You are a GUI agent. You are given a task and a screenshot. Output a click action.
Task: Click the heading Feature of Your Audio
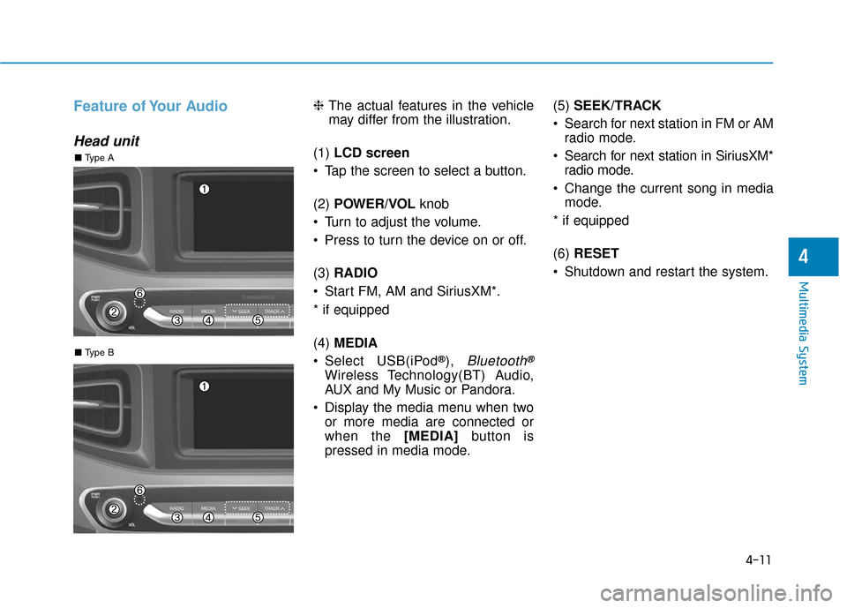[151, 107]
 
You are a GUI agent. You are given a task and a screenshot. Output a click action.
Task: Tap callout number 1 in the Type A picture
[204, 190]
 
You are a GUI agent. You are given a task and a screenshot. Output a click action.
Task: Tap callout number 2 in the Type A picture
[114, 312]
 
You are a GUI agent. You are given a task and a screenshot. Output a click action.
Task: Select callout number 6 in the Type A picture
[139, 293]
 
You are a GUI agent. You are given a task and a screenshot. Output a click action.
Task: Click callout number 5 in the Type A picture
[258, 321]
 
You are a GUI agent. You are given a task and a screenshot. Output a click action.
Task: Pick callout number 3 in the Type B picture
[177, 518]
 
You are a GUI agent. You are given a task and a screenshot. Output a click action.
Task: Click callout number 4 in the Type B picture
[208, 518]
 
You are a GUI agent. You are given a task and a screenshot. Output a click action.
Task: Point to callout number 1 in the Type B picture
[204, 387]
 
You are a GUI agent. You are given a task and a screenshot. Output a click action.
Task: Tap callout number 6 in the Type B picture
[139, 490]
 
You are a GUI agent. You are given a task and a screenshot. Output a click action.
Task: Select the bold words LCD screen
[371, 153]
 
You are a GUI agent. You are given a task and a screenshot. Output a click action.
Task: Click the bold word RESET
[596, 253]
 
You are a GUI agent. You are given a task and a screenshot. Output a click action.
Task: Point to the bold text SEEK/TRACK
[617, 105]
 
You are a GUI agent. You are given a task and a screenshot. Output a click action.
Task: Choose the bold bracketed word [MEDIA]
[432, 435]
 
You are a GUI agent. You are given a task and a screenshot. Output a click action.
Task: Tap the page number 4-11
[756, 558]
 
